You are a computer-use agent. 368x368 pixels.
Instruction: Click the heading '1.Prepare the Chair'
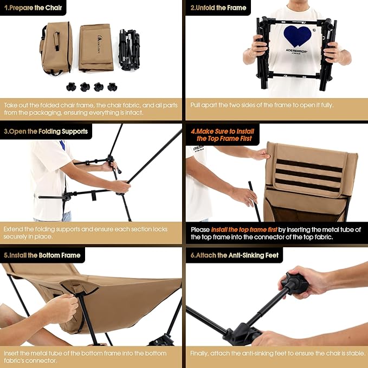pos(33,8)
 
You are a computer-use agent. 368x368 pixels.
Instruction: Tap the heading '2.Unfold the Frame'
pos(218,8)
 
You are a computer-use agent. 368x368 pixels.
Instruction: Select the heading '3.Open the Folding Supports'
pos(46,131)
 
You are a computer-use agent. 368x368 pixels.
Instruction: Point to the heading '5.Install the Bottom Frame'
pos(42,255)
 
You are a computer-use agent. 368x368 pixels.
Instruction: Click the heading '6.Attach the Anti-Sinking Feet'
pos(235,255)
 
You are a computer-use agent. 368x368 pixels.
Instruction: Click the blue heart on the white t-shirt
pos(298,36)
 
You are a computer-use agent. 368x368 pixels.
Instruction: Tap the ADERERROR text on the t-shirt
pos(296,50)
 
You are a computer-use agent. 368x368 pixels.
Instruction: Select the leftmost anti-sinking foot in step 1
pos(71,87)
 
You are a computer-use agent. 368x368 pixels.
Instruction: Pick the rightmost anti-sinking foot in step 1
pos(112,87)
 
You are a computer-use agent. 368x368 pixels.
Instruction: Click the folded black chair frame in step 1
pos(130,50)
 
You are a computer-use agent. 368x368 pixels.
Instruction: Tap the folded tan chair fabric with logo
pos(96,48)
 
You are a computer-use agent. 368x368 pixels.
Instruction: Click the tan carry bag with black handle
pos(56,48)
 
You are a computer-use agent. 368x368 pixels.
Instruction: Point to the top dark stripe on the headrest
pos(309,165)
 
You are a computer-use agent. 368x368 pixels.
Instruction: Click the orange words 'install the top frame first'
pos(244,229)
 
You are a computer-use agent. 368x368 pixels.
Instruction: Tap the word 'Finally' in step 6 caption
pos(199,353)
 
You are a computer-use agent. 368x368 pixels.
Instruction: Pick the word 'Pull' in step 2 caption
pos(195,105)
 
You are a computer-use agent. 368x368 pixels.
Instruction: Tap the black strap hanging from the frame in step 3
pos(94,196)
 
